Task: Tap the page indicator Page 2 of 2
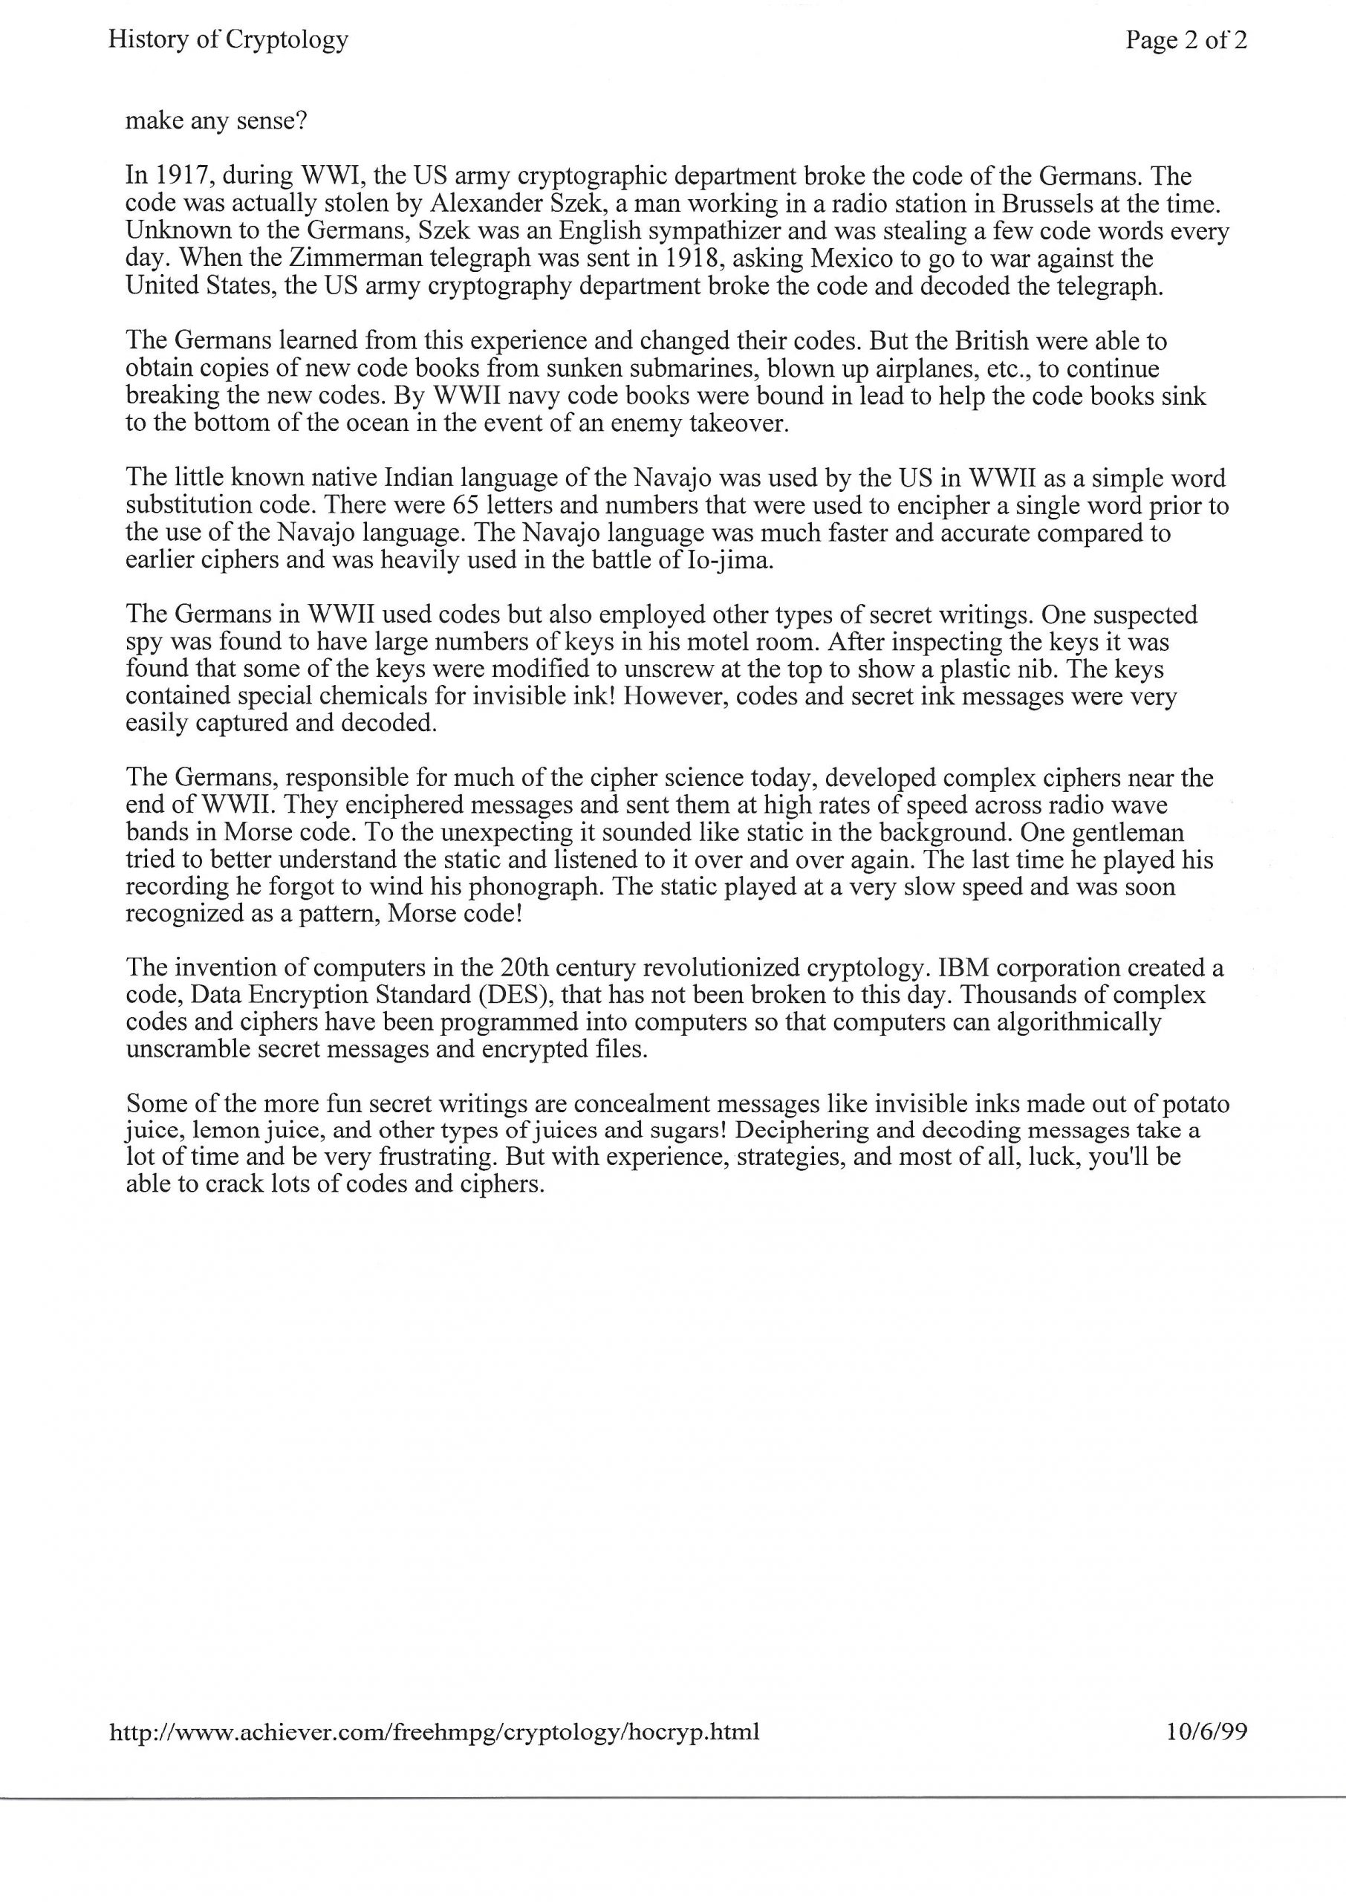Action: [x=1186, y=40]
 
